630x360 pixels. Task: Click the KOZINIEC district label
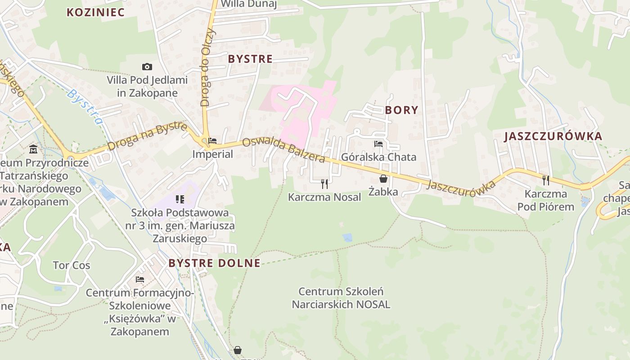point(95,12)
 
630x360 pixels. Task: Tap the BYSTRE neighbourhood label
point(250,59)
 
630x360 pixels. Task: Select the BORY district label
point(401,110)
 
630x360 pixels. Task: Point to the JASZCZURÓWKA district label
point(553,137)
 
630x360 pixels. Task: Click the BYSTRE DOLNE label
point(214,263)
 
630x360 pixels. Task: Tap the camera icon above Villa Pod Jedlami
point(147,67)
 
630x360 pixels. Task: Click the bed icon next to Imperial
point(212,141)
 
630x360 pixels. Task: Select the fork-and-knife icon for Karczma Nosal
point(324,184)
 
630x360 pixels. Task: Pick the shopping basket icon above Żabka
point(383,179)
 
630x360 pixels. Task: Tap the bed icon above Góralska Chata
point(378,144)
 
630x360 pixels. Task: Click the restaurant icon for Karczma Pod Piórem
point(546,180)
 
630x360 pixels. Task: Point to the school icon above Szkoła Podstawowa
point(180,199)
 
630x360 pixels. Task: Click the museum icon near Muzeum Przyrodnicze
point(33,149)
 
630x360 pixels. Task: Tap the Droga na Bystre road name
point(147,136)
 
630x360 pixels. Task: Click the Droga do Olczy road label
point(206,67)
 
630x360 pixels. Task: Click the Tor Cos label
point(72,265)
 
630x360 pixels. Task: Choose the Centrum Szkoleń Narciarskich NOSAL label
point(341,298)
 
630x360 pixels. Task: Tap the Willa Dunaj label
point(249,4)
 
